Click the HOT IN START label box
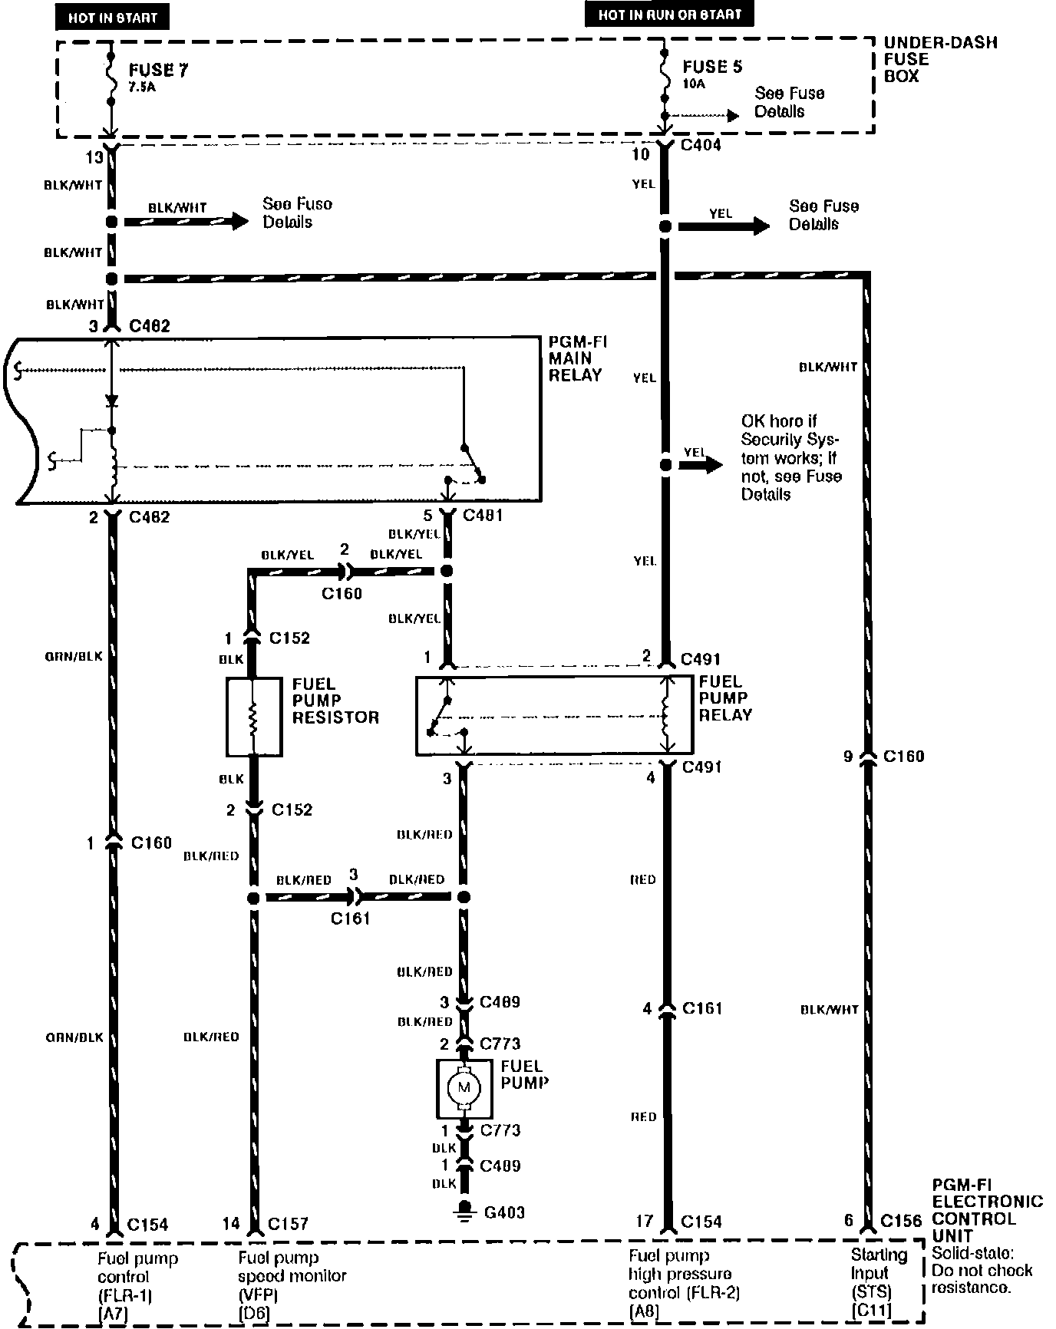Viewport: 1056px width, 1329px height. pos(112,17)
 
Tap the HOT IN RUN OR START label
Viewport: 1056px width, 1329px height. pos(670,14)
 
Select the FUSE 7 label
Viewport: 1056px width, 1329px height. pos(158,71)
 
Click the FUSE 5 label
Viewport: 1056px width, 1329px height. pos(712,67)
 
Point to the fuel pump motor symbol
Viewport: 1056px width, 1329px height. pos(464,1088)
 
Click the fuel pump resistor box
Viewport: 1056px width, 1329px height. pos(254,717)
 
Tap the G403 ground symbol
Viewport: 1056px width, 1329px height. pos(464,1212)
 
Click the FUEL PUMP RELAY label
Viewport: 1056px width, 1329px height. pos(724,698)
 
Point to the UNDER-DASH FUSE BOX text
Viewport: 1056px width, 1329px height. pos(939,59)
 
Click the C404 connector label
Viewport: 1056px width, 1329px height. pos(700,144)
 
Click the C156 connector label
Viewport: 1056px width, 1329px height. pos(901,1221)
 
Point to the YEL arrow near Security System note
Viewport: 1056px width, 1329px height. pos(699,464)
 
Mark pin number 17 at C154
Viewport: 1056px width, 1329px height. pos(644,1221)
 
